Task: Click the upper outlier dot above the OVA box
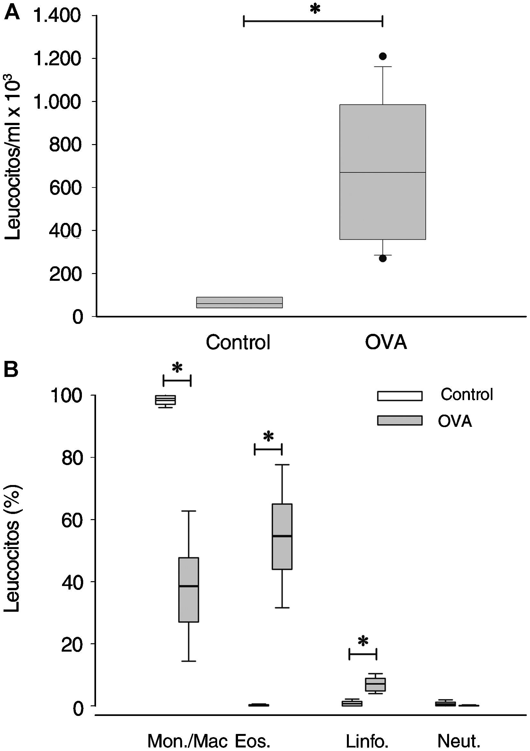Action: click(x=383, y=56)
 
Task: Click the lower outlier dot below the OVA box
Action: click(x=383, y=258)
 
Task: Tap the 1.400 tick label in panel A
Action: click(x=57, y=16)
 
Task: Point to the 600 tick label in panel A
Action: click(x=64, y=188)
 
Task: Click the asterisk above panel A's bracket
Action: click(x=314, y=9)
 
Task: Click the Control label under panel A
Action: click(x=238, y=343)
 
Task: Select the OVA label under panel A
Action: click(x=386, y=343)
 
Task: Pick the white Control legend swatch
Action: click(x=400, y=396)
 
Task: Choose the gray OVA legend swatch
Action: click(x=400, y=420)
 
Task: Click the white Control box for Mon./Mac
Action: click(x=165, y=400)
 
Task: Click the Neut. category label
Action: click(x=459, y=740)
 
